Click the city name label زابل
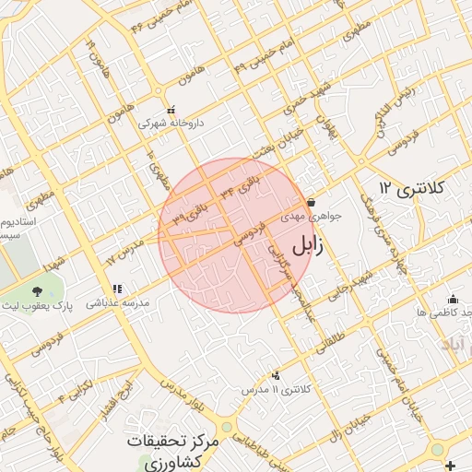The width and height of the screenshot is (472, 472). [314, 247]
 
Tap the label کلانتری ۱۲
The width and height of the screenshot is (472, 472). [410, 189]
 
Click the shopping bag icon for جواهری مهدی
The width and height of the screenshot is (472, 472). [311, 203]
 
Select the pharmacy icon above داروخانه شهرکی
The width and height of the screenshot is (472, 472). [171, 110]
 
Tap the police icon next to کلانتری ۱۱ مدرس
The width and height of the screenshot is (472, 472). [276, 375]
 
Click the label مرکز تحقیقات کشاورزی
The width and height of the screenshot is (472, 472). [172, 451]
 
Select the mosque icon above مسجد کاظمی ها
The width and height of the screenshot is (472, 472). [453, 299]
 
